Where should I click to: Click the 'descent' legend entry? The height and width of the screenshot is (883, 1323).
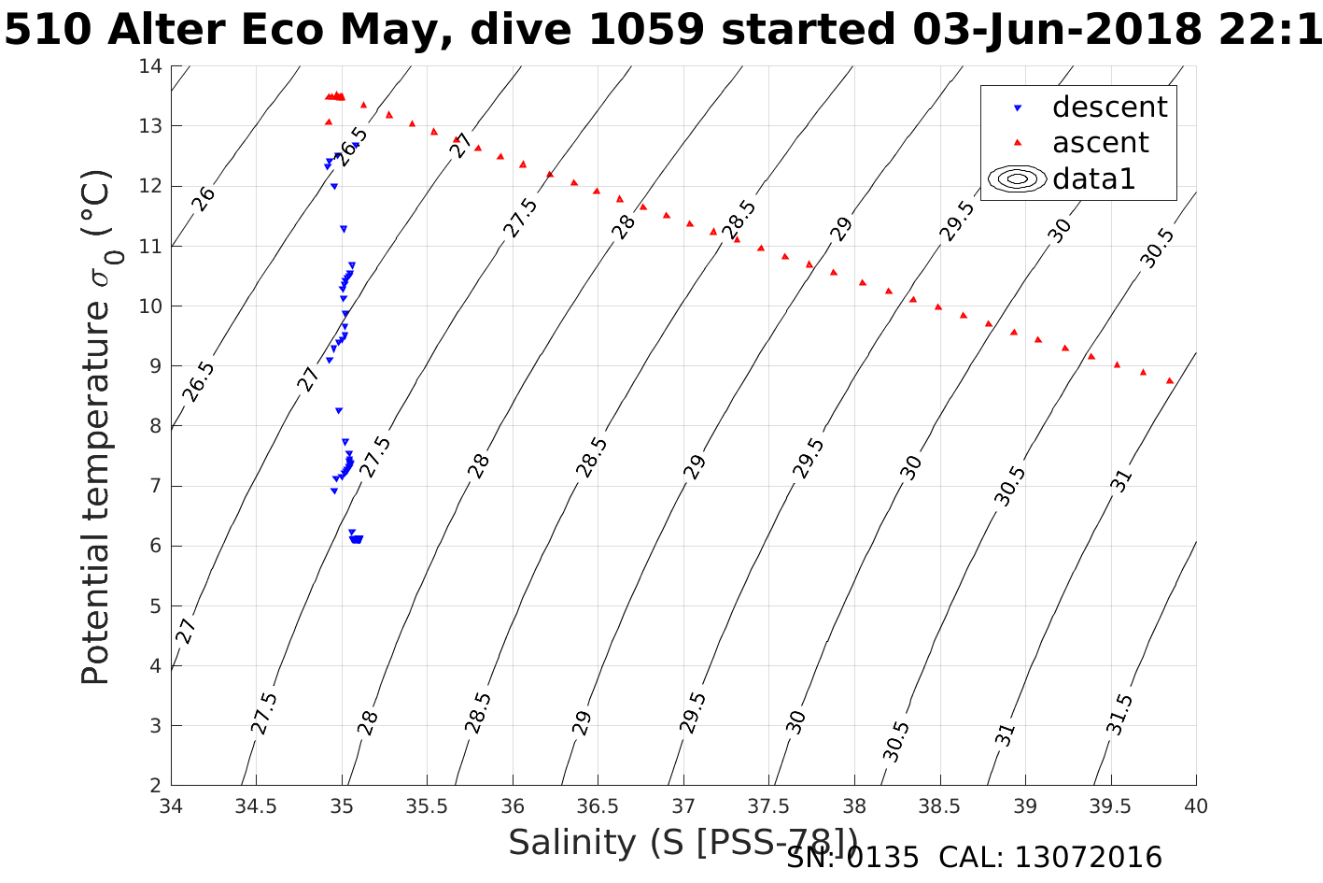pos(1109,107)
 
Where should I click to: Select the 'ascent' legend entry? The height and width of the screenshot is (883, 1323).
pos(1100,143)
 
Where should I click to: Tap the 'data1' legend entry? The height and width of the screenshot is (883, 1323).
pos(1093,178)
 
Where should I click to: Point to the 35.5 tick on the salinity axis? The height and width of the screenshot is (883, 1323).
pos(427,806)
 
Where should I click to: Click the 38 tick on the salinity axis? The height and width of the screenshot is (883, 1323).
pos(854,806)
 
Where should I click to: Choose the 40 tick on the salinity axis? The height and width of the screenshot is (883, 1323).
pos(1196,806)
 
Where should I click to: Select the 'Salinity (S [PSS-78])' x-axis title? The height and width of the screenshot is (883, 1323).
pos(683,843)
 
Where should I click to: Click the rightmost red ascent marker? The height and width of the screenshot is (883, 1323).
pos(1170,380)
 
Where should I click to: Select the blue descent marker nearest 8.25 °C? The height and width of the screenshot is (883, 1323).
pos(339,410)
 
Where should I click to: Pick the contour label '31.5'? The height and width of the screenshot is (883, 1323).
pos(1120,715)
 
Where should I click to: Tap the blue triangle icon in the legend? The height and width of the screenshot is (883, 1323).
pos(1019,108)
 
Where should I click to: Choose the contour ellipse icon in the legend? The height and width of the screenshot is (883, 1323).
pos(1018,178)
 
